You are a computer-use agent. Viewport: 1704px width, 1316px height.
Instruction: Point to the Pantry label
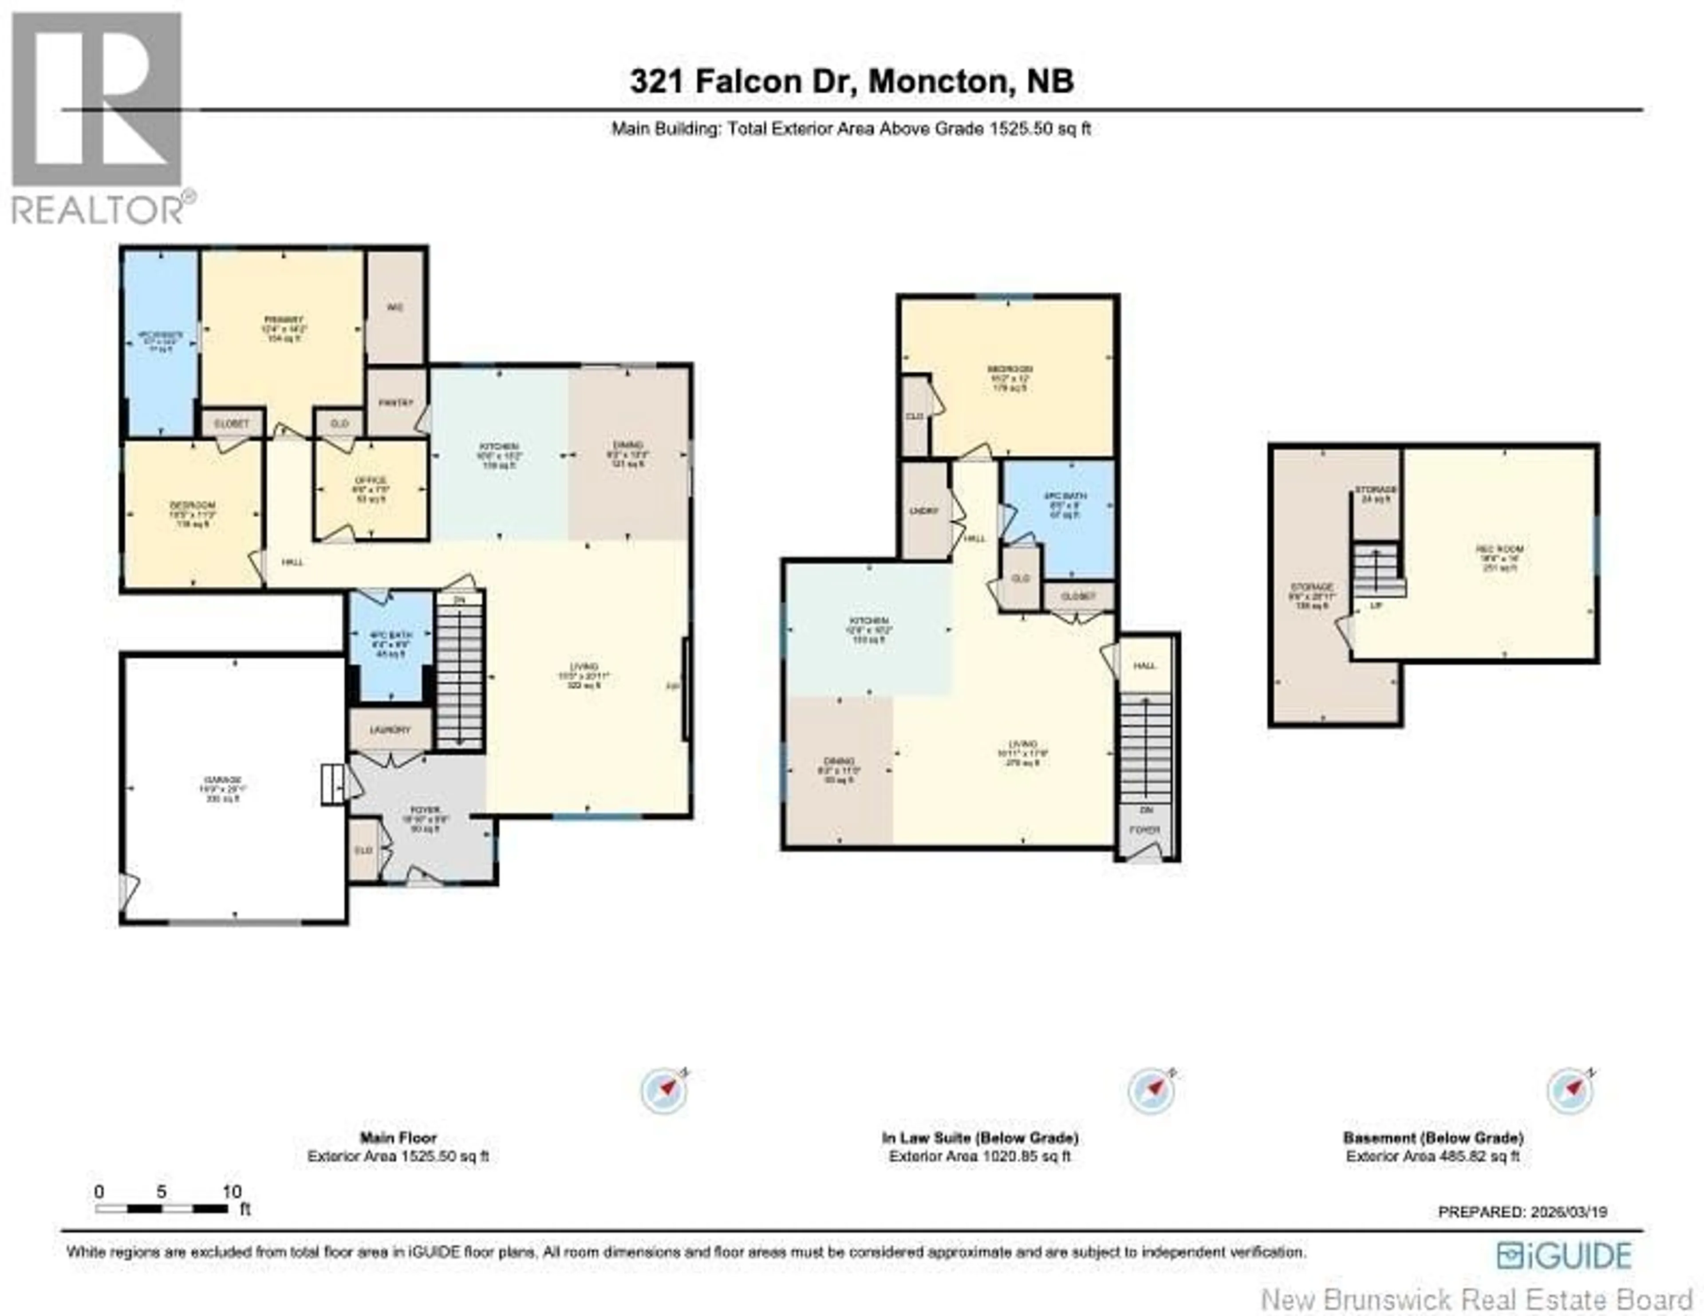395,403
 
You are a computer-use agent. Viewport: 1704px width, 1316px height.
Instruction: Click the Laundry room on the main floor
390,730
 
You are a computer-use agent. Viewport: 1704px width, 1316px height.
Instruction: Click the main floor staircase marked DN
460,671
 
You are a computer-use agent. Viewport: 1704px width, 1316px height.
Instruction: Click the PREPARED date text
1522,1212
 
